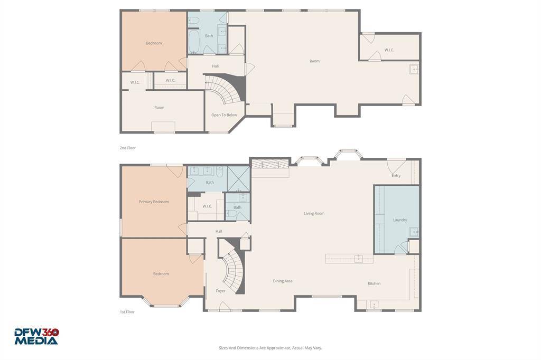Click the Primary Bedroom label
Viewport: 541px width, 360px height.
(154, 202)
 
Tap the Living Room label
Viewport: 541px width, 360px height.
(314, 213)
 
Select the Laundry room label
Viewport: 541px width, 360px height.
(400, 220)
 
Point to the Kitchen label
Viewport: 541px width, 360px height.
(374, 283)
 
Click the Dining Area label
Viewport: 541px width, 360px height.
(283, 281)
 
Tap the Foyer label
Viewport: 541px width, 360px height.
(220, 291)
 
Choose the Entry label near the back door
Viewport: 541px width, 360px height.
(396, 175)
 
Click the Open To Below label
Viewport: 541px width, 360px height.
(224, 115)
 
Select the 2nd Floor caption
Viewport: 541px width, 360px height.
(127, 148)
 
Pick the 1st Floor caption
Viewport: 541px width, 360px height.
(127, 312)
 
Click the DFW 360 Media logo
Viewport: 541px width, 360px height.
(36, 336)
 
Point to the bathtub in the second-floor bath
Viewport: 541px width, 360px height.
(194, 41)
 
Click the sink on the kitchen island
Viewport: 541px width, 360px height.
(358, 258)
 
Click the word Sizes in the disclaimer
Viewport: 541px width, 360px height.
(224, 348)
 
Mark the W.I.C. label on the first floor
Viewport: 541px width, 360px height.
(207, 206)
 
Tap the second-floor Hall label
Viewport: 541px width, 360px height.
(215, 66)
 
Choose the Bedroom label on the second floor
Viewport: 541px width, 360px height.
(154, 43)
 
